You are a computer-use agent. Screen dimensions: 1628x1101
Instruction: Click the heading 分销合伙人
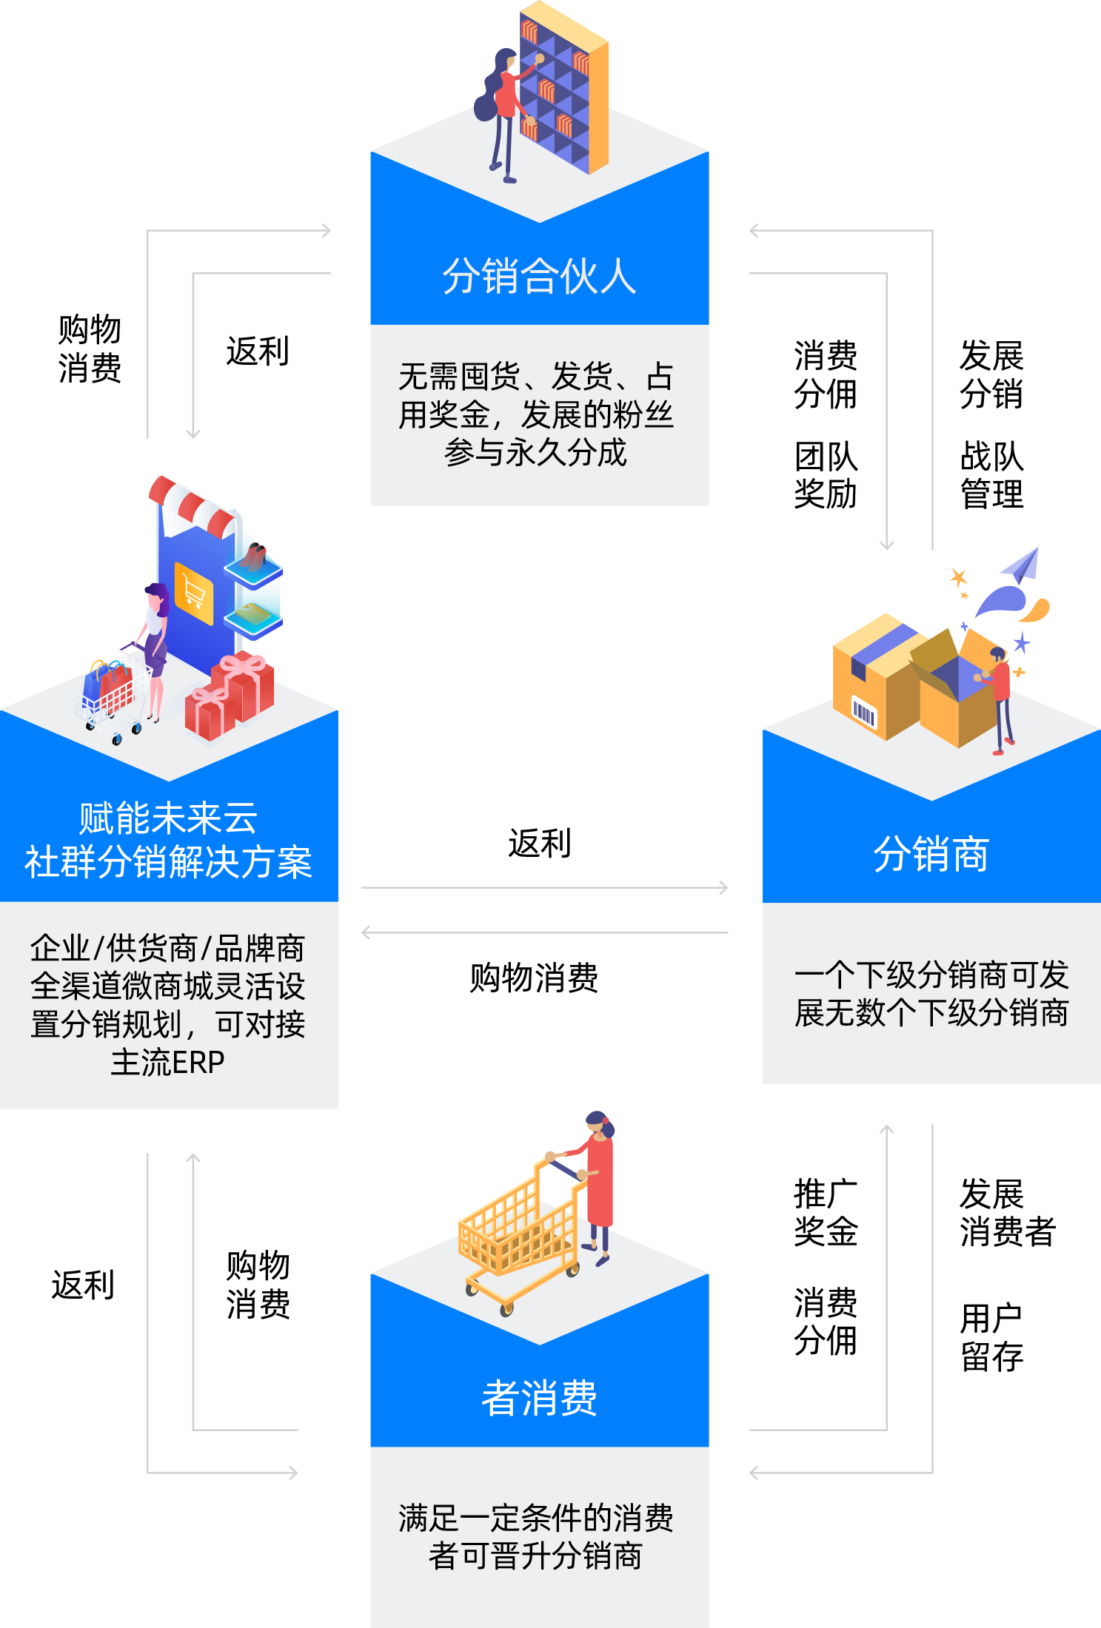[x=539, y=276]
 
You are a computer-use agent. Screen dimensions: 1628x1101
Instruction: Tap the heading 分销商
[x=931, y=854]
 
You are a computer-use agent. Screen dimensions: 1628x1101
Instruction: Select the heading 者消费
[x=539, y=1398]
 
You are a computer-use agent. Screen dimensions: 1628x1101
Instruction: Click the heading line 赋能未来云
[x=168, y=818]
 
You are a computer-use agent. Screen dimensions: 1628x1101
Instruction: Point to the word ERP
[x=197, y=1063]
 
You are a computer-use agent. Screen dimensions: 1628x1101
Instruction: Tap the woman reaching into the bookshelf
[x=504, y=111]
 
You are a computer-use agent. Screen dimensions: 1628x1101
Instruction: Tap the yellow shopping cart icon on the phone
[x=194, y=593]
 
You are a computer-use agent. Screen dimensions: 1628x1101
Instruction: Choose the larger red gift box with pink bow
[x=244, y=684]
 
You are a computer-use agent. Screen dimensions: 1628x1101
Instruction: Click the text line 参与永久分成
[x=535, y=453]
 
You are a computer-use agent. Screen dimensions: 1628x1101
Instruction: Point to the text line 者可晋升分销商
[x=535, y=1555]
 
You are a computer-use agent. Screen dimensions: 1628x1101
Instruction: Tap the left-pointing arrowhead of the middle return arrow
[x=366, y=932]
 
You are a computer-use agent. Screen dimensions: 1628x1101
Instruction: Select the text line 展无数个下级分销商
[x=931, y=1013]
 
